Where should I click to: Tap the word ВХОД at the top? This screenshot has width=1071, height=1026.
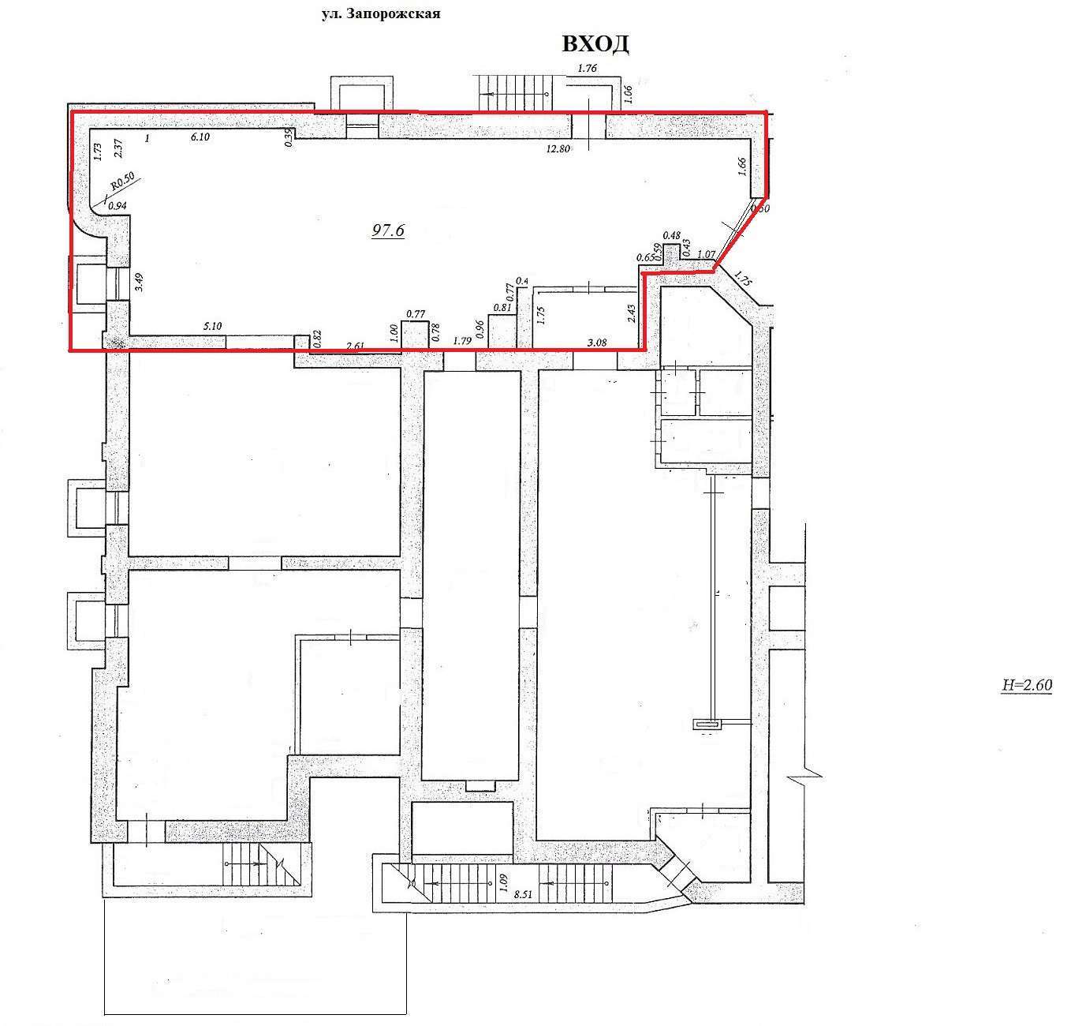[595, 44]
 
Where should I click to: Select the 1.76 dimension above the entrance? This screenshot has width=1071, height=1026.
[587, 69]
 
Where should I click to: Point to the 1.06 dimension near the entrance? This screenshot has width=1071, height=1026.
[629, 92]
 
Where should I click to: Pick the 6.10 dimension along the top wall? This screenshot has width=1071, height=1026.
[200, 137]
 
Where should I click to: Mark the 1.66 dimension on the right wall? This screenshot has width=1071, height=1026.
[741, 167]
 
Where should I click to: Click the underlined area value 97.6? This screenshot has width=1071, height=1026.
[388, 230]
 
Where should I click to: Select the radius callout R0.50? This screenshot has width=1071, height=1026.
[122, 182]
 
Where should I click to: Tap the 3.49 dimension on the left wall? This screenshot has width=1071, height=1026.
[140, 283]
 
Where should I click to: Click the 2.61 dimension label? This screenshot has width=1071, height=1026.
[356, 344]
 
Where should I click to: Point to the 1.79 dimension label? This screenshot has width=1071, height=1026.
[461, 342]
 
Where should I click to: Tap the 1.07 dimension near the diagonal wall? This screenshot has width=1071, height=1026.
[706, 254]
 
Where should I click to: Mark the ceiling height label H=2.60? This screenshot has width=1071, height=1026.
[1026, 685]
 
